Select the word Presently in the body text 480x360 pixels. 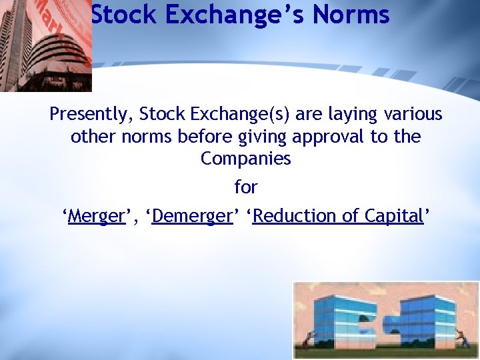[x=91, y=114]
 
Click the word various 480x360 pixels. [x=413, y=114]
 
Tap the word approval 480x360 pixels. [x=329, y=137]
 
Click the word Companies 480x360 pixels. [x=245, y=159]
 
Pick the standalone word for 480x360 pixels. [x=245, y=187]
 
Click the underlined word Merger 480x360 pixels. [x=97, y=216]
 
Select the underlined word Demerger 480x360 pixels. [x=191, y=216]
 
